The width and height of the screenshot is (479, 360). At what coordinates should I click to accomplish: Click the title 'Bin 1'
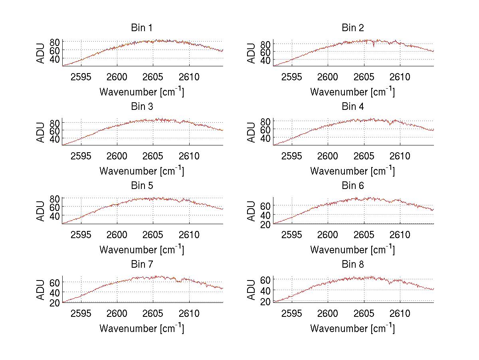pyautogui.click(x=141, y=28)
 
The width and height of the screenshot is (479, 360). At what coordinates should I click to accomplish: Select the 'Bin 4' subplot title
pyautogui.click(x=353, y=107)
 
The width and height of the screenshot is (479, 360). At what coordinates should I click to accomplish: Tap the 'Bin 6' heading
pyautogui.click(x=353, y=186)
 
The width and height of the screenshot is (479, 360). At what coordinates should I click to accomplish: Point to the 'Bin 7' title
pyautogui.click(x=141, y=265)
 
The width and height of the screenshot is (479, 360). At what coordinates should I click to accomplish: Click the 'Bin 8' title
pyautogui.click(x=353, y=265)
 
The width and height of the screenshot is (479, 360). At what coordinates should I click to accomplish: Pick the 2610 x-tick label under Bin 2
pyautogui.click(x=400, y=77)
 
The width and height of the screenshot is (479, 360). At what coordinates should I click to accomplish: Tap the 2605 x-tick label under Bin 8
pyautogui.click(x=364, y=314)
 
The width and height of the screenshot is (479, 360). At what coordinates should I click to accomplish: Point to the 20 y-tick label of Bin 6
pyautogui.click(x=266, y=225)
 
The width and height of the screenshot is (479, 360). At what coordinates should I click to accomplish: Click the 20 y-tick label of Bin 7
pyautogui.click(x=55, y=303)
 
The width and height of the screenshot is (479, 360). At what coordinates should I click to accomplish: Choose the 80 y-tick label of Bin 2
pyautogui.click(x=266, y=44)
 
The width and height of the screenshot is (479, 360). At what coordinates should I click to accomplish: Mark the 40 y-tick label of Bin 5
pyautogui.click(x=55, y=216)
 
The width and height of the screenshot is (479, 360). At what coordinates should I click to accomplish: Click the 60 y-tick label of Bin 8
pyautogui.click(x=266, y=279)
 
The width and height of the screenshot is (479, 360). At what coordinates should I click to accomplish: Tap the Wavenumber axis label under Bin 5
pyautogui.click(x=141, y=250)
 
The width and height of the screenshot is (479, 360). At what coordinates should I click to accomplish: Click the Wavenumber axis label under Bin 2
pyautogui.click(x=352, y=92)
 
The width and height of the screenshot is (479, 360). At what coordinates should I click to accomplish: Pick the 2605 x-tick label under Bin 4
pyautogui.click(x=364, y=156)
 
